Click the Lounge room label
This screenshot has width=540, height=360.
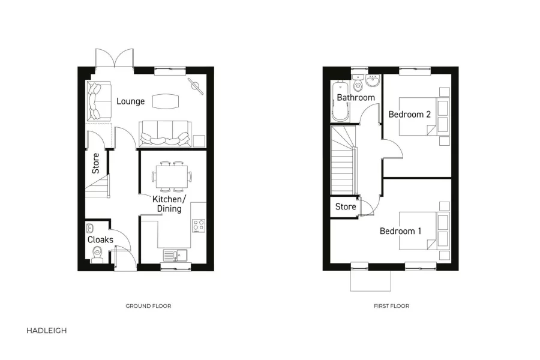point(130,101)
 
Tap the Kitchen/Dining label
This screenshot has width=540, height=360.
point(169,204)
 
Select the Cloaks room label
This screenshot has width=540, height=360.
point(100,240)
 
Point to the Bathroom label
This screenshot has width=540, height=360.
point(356,98)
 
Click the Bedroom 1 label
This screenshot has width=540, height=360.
point(400,231)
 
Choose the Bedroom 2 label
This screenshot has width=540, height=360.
point(410,114)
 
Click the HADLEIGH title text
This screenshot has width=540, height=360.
point(47,331)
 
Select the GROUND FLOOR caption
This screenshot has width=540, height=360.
point(148,306)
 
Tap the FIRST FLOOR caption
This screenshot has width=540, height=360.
point(391,306)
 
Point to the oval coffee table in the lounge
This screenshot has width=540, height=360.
point(166,101)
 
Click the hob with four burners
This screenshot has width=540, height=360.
point(199,226)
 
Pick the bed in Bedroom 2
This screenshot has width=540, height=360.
point(420,116)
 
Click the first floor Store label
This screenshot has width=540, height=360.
point(346,207)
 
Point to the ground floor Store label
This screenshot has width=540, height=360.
point(96,163)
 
